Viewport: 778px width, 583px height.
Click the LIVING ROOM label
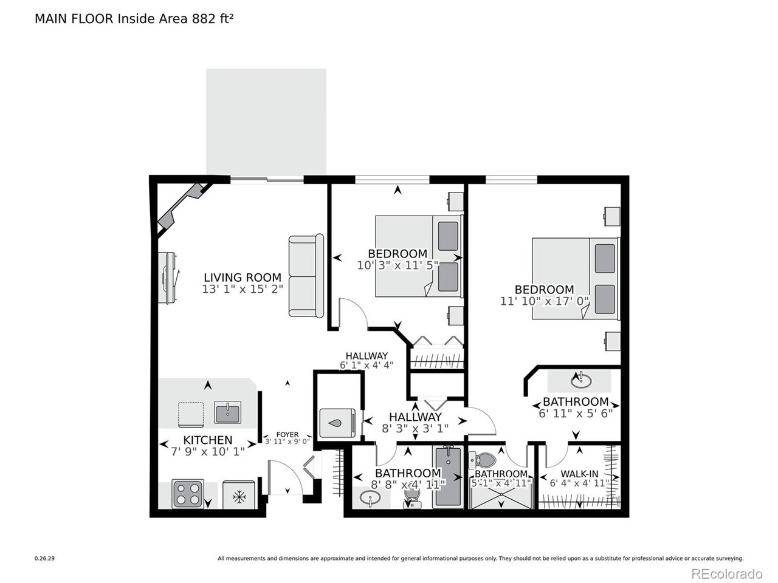pos(243,277)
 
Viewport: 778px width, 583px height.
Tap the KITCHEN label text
pos(208,440)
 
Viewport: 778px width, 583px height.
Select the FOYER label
pos(287,434)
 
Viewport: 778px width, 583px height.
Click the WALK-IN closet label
pos(579,474)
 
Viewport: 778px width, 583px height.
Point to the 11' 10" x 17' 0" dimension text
pos(545,301)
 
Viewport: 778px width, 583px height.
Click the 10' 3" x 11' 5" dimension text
pos(398,265)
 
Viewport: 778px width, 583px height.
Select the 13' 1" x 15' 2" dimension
pos(243,289)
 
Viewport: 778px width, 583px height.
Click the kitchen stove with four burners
pos(188,494)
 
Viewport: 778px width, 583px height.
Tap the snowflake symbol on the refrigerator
pos(239,497)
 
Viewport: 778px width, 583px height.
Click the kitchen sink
pos(227,412)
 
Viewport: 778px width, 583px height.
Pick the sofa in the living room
pos(306,275)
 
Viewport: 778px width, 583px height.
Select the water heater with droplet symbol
pos(337,423)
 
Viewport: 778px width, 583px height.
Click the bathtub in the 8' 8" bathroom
pos(449,477)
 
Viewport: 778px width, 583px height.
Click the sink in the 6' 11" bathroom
pos(581,381)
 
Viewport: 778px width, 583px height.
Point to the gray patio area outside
pos(266,121)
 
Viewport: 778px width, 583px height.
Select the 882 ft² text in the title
pos(213,18)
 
